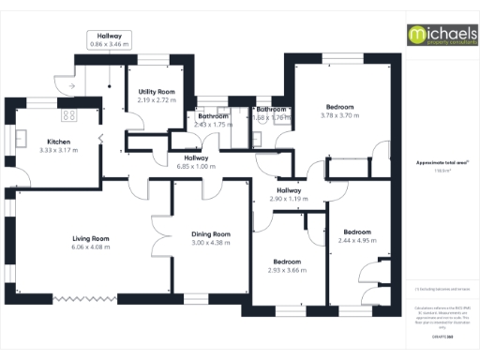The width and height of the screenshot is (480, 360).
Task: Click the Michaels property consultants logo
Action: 439,35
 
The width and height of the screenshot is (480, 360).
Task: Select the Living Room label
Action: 91,238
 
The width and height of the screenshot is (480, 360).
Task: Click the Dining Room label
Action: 210,233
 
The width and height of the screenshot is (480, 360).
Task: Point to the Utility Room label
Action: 156,90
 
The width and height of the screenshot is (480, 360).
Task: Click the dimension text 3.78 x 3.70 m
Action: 339,115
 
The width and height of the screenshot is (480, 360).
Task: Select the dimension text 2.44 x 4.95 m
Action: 356,240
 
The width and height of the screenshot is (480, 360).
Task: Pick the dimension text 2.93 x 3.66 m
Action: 287,270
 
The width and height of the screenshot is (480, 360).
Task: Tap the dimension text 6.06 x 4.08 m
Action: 91,247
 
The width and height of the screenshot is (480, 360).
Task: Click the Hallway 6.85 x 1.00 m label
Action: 196,161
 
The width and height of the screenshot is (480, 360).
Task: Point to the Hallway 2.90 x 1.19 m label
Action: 288,195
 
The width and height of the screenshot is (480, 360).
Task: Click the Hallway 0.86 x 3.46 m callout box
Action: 109,40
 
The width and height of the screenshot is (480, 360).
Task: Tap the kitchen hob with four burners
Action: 68,115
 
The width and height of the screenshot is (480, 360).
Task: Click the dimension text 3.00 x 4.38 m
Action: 210,243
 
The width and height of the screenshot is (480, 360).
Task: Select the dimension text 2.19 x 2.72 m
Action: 156,99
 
